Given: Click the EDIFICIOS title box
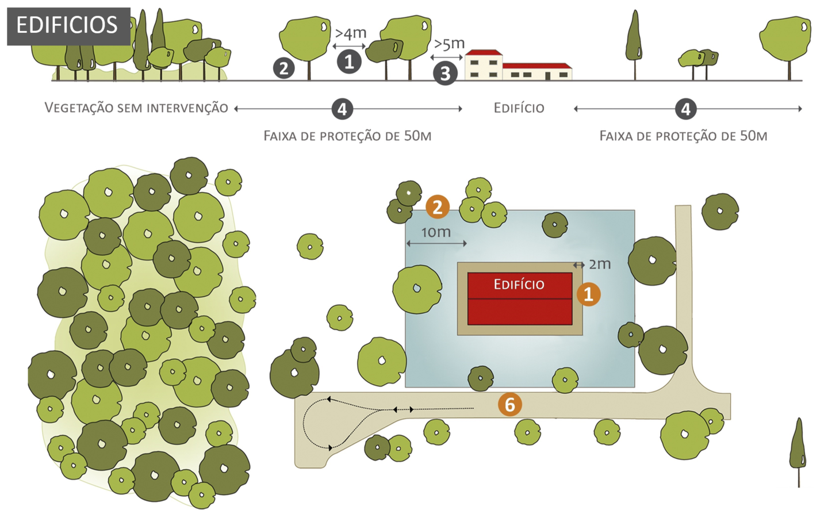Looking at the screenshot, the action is (69, 26).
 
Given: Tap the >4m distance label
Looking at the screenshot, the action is (350, 33).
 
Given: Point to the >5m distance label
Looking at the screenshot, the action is (449, 44).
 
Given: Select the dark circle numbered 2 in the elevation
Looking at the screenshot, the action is (284, 68).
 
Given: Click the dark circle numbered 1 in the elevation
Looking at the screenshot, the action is (349, 62).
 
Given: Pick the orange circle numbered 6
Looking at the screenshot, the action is (509, 405).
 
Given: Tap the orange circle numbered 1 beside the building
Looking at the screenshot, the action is (588, 294).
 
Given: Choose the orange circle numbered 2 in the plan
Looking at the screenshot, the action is (438, 207).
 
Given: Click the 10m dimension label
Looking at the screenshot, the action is (436, 232).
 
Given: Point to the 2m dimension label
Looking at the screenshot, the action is (600, 264).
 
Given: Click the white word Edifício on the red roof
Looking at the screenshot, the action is (519, 284).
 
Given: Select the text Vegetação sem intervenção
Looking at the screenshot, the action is (136, 108).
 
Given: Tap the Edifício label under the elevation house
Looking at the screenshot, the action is (519, 108).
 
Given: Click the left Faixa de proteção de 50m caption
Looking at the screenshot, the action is (347, 136).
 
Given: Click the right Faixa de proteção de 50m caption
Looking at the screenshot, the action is (683, 136).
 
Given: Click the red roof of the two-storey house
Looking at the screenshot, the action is (484, 52).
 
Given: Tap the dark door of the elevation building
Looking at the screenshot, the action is (547, 76).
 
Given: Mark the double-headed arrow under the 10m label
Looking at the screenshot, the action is (436, 243).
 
